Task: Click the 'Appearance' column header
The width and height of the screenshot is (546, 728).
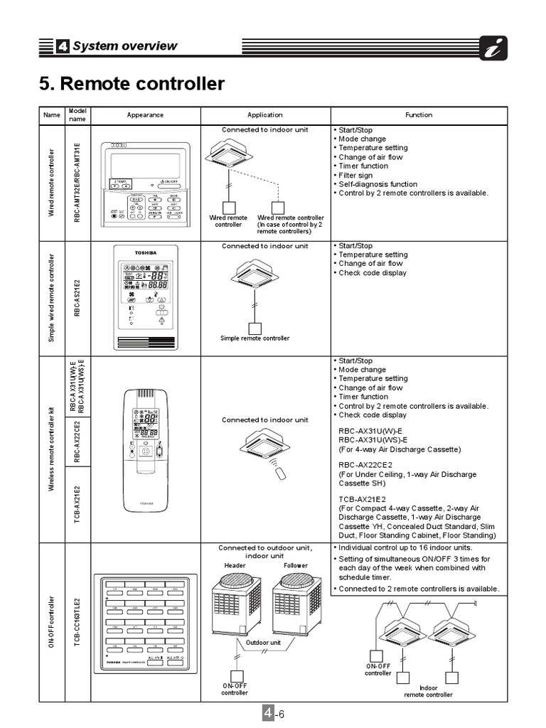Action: coord(145,115)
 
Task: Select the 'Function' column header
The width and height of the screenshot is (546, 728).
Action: coord(419,115)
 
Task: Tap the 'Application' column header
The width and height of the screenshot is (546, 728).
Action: coord(264,115)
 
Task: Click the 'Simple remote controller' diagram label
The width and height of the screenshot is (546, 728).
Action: coord(255,338)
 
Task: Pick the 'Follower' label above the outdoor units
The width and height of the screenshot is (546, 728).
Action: coord(296,565)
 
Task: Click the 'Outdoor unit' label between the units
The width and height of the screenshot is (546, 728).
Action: coord(264,643)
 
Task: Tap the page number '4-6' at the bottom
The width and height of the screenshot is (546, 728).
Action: coord(274,714)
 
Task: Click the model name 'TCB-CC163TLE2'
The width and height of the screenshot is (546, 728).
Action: coord(77,621)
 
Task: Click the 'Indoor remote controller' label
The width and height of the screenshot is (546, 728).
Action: coord(428,691)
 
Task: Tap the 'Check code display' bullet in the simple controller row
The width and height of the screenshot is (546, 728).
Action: coord(373,273)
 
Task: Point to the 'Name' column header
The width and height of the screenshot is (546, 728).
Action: coord(51,115)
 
